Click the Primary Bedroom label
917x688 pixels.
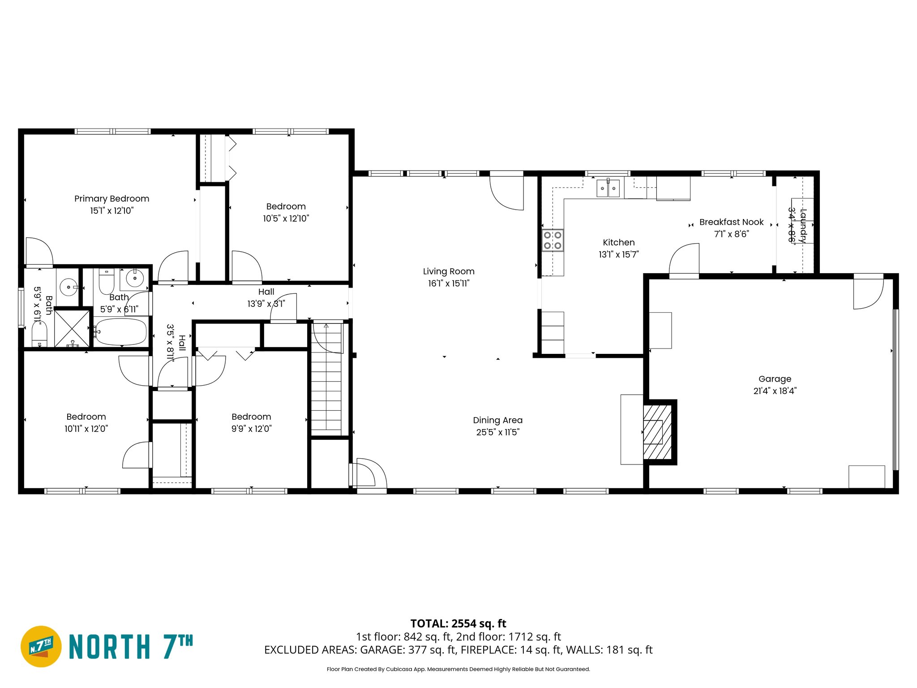[111, 198]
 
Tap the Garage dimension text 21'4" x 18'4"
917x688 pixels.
[775, 391]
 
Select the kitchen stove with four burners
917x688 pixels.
[552, 240]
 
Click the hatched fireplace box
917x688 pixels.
[658, 432]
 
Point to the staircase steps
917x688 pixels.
[327, 390]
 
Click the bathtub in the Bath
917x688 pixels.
[121, 331]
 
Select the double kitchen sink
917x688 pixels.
[608, 188]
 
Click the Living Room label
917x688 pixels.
[448, 271]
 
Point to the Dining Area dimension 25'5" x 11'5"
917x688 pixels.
[497, 432]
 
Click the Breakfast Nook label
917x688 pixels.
[731, 222]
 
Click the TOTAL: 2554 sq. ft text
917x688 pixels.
[458, 623]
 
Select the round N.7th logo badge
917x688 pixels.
[41, 646]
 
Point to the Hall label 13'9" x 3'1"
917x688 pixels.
[266, 298]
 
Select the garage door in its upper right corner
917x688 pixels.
[868, 293]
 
